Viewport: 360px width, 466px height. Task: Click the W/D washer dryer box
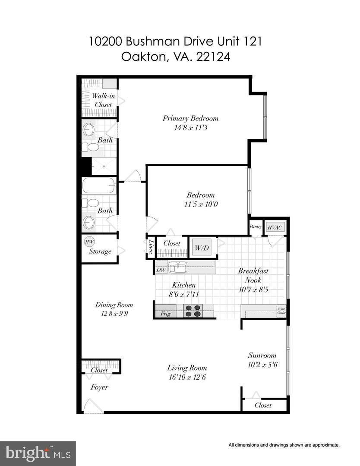[x=201, y=248]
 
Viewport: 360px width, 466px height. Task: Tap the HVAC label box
[x=273, y=227]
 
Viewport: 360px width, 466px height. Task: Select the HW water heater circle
[x=89, y=242]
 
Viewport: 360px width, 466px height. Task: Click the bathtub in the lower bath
[x=99, y=186]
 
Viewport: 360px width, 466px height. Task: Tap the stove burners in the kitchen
[x=193, y=311]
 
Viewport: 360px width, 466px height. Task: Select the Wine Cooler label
[x=281, y=311]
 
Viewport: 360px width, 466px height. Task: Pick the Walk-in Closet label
[x=103, y=100]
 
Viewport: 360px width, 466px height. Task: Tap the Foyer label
[x=99, y=387]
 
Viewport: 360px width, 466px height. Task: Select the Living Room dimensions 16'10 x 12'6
[x=187, y=377]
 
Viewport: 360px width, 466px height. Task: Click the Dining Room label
[x=114, y=305]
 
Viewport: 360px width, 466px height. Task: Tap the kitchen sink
[x=177, y=268]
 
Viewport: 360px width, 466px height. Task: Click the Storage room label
[x=100, y=251]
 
